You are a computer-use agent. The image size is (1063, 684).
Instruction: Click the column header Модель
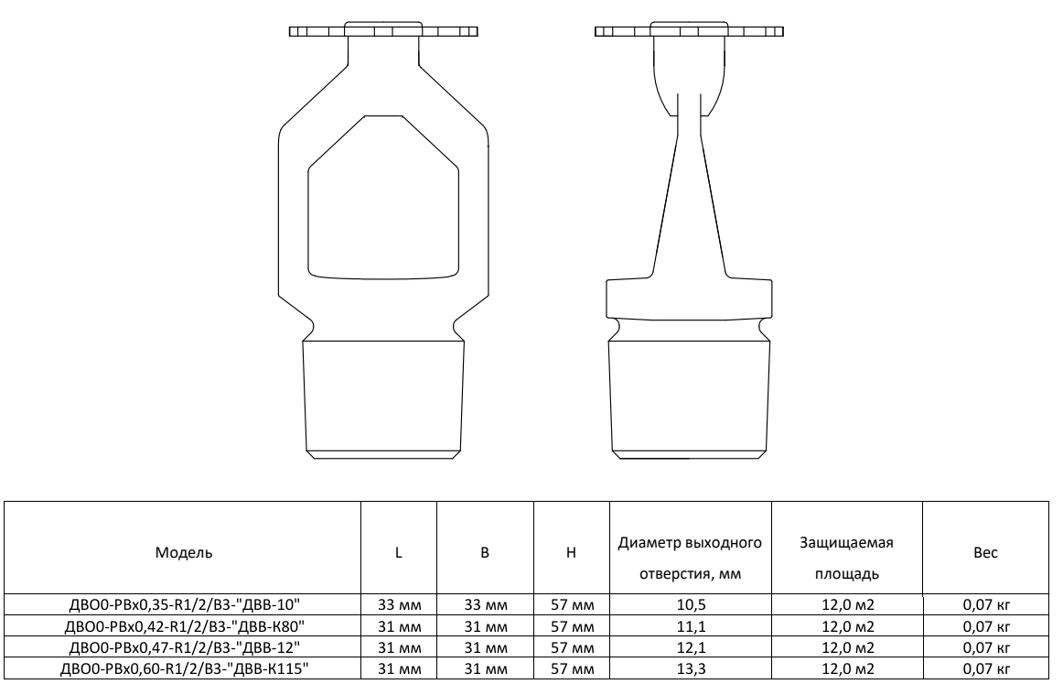click(x=184, y=552)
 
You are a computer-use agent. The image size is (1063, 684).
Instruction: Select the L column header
click(x=399, y=552)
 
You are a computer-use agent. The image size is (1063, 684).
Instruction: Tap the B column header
click(x=485, y=552)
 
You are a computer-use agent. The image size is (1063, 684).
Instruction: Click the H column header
click(x=572, y=552)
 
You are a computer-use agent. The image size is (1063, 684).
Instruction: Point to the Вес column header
click(x=986, y=552)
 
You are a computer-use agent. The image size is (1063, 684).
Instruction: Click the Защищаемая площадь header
click(x=847, y=558)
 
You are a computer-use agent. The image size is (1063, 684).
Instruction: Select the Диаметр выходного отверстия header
click(x=690, y=558)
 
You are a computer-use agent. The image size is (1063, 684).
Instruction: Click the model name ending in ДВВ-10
click(x=185, y=604)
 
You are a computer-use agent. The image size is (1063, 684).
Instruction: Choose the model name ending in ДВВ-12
click(x=185, y=646)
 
